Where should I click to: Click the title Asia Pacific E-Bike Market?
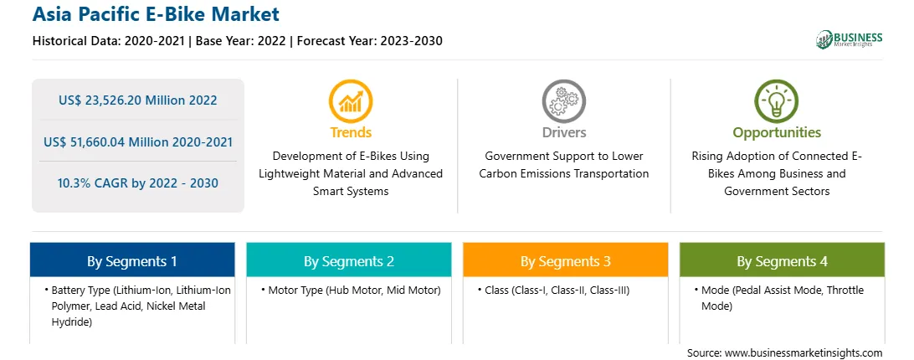coord(156,14)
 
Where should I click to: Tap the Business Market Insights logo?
coord(849,39)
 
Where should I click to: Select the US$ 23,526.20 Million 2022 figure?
coord(137,100)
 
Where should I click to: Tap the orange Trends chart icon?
coord(351,101)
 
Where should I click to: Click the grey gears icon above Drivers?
coord(563,101)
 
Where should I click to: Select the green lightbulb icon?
coord(777,101)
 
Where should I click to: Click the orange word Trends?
coord(351,132)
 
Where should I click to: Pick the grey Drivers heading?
coord(564,132)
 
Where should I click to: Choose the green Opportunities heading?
coord(777,133)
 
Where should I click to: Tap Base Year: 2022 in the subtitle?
coord(241,41)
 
